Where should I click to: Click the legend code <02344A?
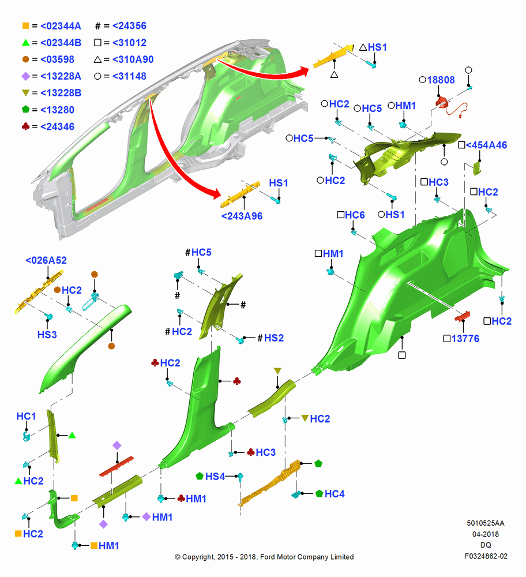(x=61, y=26)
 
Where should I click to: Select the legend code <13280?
(x=57, y=110)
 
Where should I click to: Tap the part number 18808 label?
(x=441, y=80)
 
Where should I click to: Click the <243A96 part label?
(x=242, y=216)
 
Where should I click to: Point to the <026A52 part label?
(x=46, y=260)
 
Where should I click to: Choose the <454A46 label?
(x=487, y=145)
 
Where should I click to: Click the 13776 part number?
(x=465, y=339)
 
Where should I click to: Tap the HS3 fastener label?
(x=47, y=335)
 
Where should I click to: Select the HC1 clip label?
(x=26, y=416)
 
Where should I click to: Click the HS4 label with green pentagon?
(x=215, y=476)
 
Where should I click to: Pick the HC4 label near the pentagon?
(x=335, y=494)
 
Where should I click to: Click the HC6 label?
(x=355, y=215)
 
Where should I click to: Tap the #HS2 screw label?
(x=270, y=338)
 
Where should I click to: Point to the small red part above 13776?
(x=463, y=316)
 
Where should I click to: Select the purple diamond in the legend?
(x=25, y=76)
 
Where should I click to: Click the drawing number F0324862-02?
(x=486, y=556)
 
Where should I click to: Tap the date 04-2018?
(x=486, y=534)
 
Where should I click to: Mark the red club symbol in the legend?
(x=25, y=126)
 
